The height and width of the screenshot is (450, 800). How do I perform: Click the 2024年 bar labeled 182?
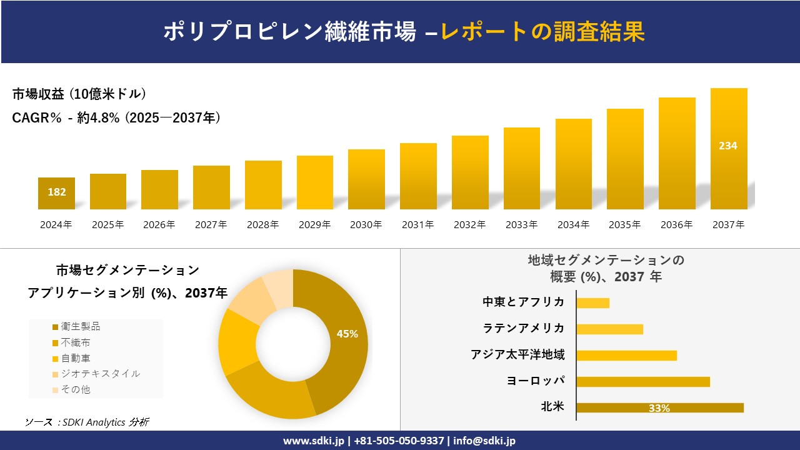[56, 193]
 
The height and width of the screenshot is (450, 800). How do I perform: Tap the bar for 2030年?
[366, 179]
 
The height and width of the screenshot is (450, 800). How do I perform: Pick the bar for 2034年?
[573, 164]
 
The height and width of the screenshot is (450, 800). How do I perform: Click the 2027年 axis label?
[211, 225]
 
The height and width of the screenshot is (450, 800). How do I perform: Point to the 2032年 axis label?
[469, 225]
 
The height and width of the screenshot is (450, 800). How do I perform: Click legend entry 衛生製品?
[80, 327]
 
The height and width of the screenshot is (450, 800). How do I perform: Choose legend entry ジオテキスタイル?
[100, 374]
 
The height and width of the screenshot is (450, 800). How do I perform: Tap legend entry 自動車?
[75, 358]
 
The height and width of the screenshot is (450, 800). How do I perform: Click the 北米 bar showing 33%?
[659, 407]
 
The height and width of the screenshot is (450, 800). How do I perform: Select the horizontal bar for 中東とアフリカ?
[592, 303]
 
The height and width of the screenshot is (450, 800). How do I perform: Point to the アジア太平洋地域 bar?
[626, 356]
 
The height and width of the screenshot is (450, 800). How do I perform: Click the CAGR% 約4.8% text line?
[116, 118]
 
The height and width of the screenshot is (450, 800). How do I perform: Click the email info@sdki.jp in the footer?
[484, 441]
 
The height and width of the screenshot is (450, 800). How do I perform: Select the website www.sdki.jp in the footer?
[313, 441]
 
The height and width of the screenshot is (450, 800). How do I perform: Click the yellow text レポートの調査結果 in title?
[542, 32]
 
